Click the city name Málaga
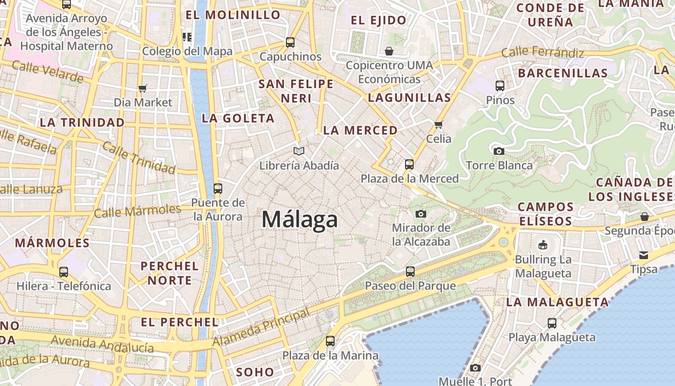coord(299,220)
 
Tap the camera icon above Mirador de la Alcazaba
coord(420,214)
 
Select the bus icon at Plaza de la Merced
coord(409,165)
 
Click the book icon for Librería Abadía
coord(299,152)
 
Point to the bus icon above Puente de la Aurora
coord(218,188)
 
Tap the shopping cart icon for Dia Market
coord(142,88)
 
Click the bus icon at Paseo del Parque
coord(410,272)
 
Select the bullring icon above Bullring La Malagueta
coord(543,245)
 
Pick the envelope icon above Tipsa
coord(644,255)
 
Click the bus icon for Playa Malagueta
coord(552,323)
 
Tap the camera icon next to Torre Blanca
coord(499,151)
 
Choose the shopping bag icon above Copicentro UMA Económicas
coord(389,51)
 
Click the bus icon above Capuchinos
coord(290,42)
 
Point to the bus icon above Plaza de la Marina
coord(330,341)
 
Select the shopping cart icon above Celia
coord(438,125)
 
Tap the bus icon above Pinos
coord(500,86)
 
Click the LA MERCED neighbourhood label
coord(360,130)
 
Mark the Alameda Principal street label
coord(261,327)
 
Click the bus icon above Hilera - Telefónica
coord(63,272)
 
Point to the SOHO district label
coord(255,372)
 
